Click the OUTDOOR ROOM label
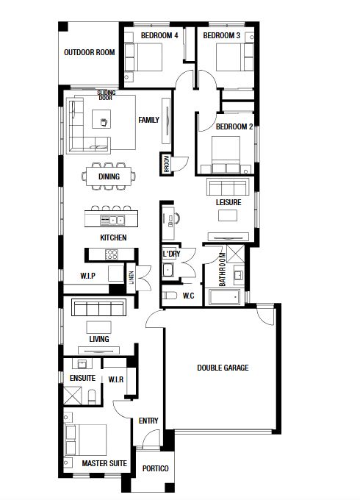(x=89, y=52)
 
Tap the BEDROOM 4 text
(x=159, y=35)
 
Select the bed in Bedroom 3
(x=235, y=57)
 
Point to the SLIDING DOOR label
(x=106, y=95)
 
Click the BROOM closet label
(x=166, y=164)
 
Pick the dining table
(x=109, y=176)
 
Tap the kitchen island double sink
(x=112, y=220)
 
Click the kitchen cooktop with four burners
(x=111, y=254)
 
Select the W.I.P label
(x=87, y=276)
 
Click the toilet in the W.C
(x=169, y=296)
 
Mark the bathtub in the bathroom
(x=224, y=297)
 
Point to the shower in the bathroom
(x=235, y=254)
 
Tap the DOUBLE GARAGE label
(x=223, y=368)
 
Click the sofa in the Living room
(x=98, y=307)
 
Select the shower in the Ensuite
(x=73, y=396)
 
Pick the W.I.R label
(x=115, y=379)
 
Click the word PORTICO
(x=156, y=468)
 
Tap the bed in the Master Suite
(x=86, y=440)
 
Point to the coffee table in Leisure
(x=228, y=215)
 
